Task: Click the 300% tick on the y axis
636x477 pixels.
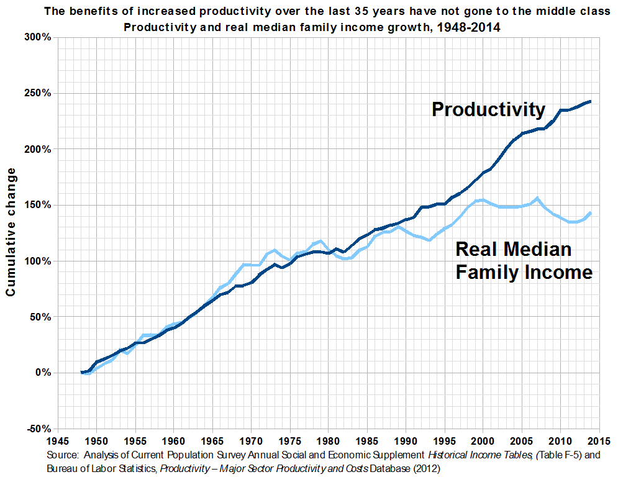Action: click(x=38, y=37)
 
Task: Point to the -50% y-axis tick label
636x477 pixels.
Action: click(x=38, y=429)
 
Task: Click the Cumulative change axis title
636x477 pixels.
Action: click(x=11, y=233)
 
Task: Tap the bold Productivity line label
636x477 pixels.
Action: click(x=488, y=109)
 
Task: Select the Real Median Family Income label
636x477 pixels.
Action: click(x=524, y=261)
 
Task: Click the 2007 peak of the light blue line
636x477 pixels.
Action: click(x=537, y=198)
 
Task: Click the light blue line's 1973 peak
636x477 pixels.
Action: click(x=274, y=250)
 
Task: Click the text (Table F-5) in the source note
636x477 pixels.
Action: click(x=550, y=455)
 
